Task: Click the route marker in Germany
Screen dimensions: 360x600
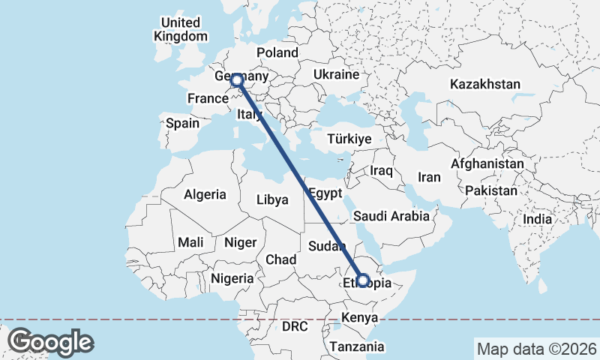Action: tap(237, 80)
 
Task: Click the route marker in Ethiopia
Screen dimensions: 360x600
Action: tap(363, 280)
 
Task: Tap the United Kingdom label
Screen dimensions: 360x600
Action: tap(181, 29)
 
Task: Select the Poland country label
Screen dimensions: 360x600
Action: tap(277, 52)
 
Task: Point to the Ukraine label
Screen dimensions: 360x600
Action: tap(337, 75)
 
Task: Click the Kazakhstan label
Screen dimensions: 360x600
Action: tap(485, 84)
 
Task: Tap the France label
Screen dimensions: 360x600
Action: tap(208, 98)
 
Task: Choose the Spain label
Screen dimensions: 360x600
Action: tap(182, 123)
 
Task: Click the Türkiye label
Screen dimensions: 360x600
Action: tap(350, 139)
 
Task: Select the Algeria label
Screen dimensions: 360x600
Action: tap(205, 194)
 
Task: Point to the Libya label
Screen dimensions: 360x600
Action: tap(272, 200)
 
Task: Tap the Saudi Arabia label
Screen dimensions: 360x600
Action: tap(391, 216)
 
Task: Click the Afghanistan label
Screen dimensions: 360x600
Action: tap(487, 163)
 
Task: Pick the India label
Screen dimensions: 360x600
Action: tap(538, 220)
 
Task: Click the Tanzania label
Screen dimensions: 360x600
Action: tap(357, 346)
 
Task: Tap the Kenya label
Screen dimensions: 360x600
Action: tap(359, 318)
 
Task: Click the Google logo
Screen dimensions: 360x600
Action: tap(50, 342)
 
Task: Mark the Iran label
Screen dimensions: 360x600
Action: tap(429, 177)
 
